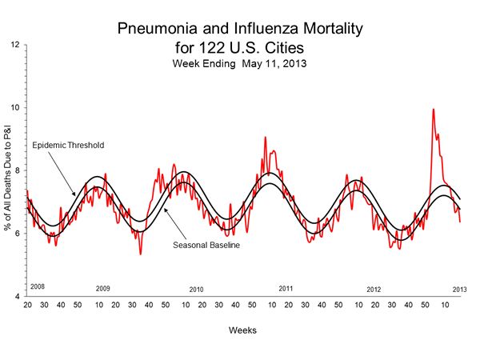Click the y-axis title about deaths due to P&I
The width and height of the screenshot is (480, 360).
point(7,170)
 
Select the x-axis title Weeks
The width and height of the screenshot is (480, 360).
point(246,330)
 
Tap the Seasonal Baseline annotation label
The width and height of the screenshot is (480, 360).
point(207,244)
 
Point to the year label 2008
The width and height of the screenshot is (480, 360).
point(37,286)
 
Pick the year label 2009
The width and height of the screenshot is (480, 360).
point(103,288)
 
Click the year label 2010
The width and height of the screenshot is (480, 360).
point(197,290)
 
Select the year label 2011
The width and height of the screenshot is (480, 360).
point(286,287)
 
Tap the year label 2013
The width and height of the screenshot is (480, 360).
point(460,288)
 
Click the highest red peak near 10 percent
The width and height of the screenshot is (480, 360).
point(434,110)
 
